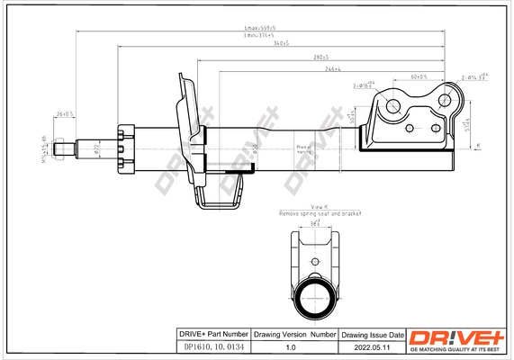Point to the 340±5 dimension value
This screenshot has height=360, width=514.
pyautogui.click(x=282, y=44)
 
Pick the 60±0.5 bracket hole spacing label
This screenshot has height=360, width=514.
pyautogui.click(x=419, y=76)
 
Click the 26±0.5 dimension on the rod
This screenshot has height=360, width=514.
pyautogui.click(x=64, y=114)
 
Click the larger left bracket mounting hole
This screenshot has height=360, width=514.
pyautogui.click(x=393, y=107)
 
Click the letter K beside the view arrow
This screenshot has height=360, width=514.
pyautogui.click(x=478, y=146)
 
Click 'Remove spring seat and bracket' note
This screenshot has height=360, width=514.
pyautogui.click(x=320, y=214)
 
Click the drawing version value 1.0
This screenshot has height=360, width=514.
pyautogui.click(x=292, y=346)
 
